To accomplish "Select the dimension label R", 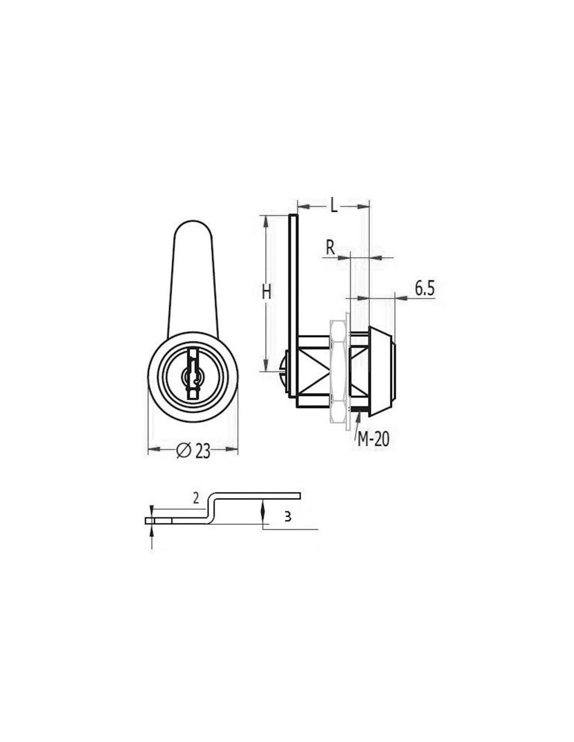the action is pos(330,248).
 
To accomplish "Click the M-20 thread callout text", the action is pos(373,440).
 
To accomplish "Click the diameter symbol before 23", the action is pos(183,452).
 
